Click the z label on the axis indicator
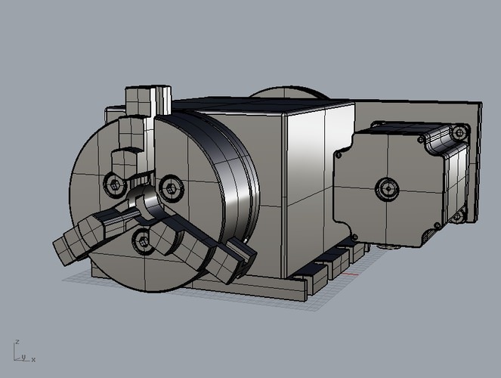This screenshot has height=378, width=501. [17, 342]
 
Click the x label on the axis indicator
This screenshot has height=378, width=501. [34, 359]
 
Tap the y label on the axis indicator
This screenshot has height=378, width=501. [23, 356]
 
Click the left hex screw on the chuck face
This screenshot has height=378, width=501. [115, 183]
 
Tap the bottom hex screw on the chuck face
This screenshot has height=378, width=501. [142, 240]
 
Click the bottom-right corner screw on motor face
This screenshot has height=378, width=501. [436, 226]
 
